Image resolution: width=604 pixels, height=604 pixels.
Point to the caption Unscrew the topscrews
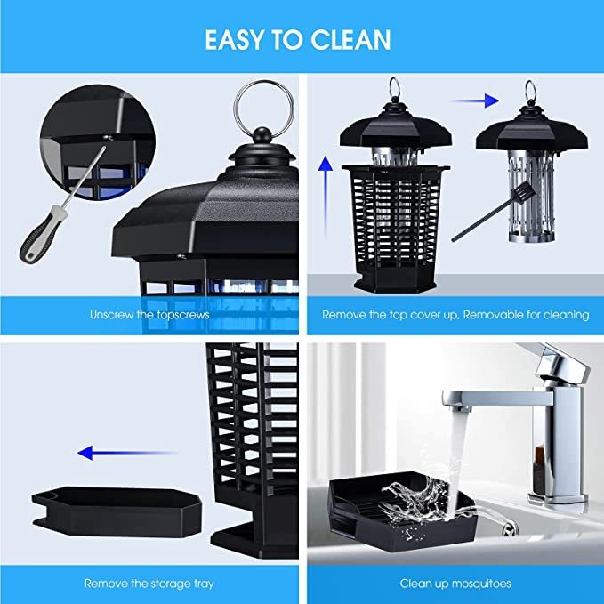coord(149,315)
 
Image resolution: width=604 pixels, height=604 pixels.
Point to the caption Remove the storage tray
coord(149,584)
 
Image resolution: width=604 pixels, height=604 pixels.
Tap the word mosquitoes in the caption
coord(480,584)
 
